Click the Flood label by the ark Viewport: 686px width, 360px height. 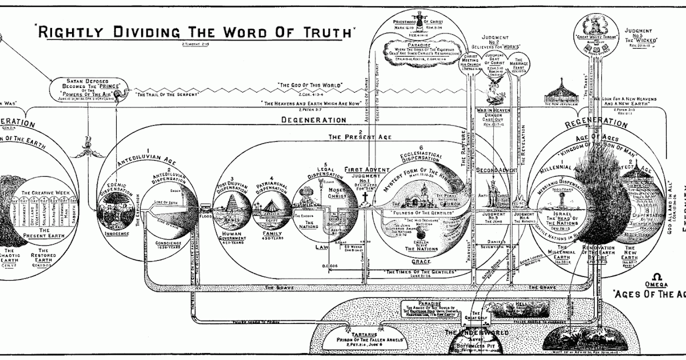pos(205,218)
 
